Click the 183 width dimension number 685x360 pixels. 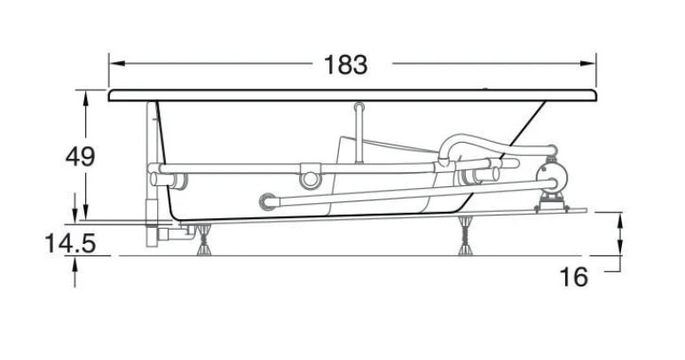click(345, 65)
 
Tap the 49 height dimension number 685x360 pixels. click(80, 156)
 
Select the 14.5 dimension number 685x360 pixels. click(70, 243)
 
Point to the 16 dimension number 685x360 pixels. click(573, 277)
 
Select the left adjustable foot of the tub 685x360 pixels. click(203, 240)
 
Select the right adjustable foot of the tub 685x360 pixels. click(465, 236)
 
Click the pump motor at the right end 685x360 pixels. click(554, 174)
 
